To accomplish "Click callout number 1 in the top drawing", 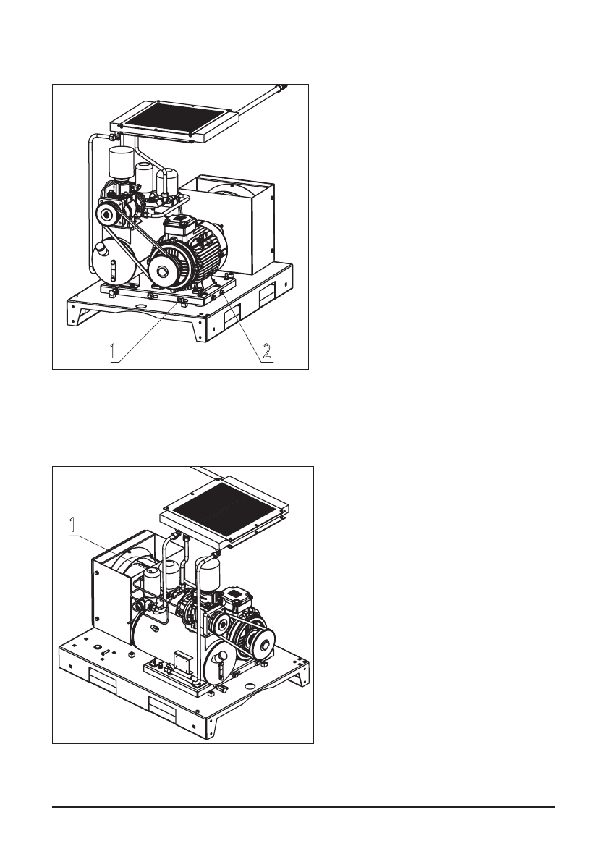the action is pos(114,352).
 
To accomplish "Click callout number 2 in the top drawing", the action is pos(266,352).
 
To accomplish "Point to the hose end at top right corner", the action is pos(282,87).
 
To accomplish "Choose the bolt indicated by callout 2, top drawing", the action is pos(221,292).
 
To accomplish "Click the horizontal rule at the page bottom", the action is pos(303,806).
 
